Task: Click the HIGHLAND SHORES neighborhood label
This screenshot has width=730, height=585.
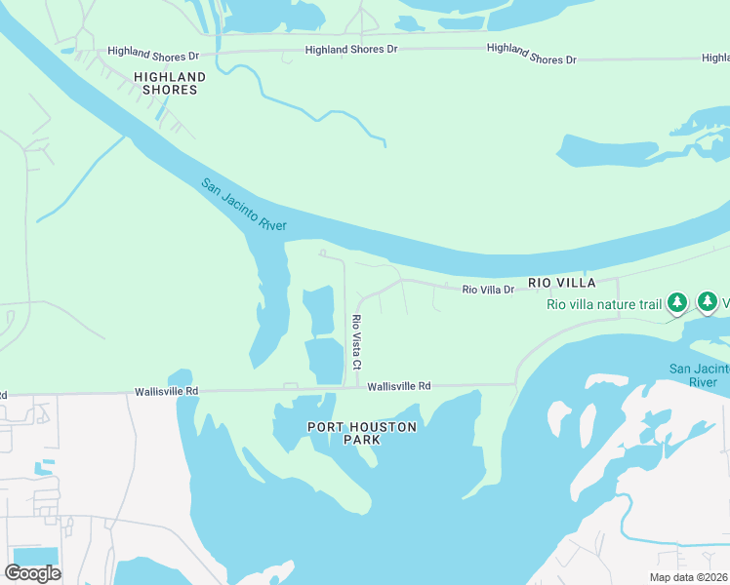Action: [170, 83]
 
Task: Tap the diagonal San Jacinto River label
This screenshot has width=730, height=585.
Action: [244, 205]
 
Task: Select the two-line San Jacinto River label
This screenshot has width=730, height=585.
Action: [699, 375]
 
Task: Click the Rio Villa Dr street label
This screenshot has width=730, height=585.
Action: [488, 290]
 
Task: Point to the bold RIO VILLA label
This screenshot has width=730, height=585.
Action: [561, 283]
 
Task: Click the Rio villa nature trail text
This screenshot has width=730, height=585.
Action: [604, 304]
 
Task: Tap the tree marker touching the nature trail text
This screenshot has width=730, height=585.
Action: [677, 303]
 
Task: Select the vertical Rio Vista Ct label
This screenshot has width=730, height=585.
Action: [357, 342]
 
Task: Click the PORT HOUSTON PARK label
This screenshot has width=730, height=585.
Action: [362, 433]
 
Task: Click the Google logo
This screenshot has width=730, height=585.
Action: [32, 573]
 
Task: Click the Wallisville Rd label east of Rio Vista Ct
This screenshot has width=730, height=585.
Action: [399, 387]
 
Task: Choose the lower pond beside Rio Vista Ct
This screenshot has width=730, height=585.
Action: [325, 360]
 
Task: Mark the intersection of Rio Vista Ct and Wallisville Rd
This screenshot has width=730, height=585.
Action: [345, 388]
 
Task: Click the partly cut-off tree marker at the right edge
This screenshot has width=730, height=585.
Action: [709, 303]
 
